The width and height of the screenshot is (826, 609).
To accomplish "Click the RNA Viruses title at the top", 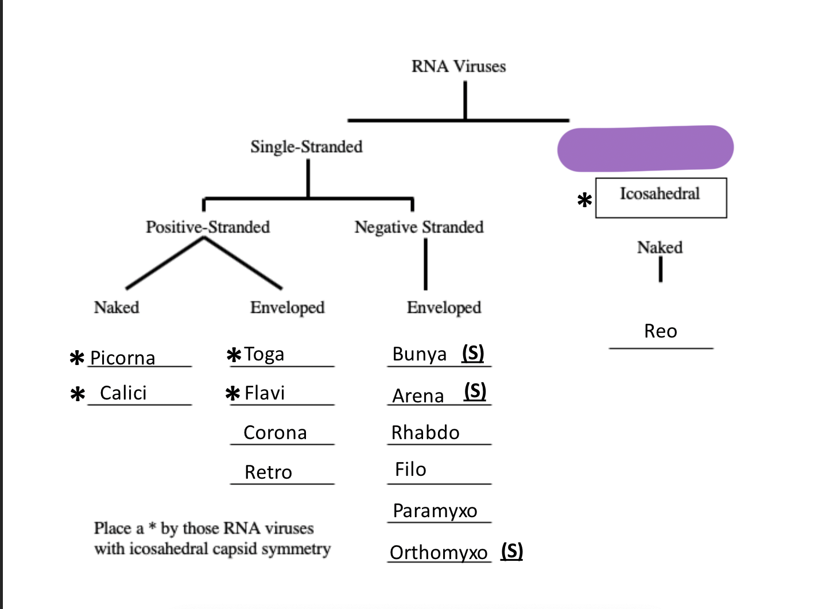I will click(459, 67).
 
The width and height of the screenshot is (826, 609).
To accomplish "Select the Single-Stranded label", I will click(307, 147).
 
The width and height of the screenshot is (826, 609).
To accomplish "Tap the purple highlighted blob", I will click(645, 149).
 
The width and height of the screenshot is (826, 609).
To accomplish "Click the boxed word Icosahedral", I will click(660, 194).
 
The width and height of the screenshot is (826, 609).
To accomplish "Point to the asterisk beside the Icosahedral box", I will click(584, 200).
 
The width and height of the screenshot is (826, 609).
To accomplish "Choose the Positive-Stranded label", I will click(208, 227).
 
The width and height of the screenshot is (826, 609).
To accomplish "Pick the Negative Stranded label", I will click(419, 227).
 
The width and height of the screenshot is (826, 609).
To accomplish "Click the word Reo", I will click(661, 331).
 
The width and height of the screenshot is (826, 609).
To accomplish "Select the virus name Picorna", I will click(123, 358).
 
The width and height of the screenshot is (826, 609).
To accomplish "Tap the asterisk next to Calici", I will click(77, 394).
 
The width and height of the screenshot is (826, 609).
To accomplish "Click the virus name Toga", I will click(264, 354).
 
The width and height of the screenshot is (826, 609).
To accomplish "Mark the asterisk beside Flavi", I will click(232, 394).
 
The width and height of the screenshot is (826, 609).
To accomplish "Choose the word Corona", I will click(275, 433).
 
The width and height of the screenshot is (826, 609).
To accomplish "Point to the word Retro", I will click(268, 472).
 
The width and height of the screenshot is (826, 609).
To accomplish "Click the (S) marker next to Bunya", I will click(473, 353).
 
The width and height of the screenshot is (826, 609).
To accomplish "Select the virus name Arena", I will click(418, 396).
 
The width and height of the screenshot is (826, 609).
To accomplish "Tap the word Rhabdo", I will click(425, 433).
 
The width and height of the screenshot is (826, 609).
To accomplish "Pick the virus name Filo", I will click(410, 470).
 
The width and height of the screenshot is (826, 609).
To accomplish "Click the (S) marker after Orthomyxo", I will click(512, 551).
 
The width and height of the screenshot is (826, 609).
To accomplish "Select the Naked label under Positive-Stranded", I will click(117, 308).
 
